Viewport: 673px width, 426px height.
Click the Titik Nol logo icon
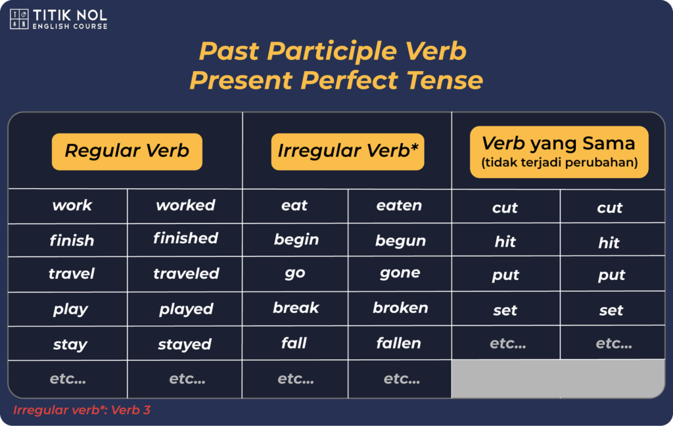19,19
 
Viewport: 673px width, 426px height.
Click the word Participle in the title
332,51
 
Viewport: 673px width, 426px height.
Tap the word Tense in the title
445,80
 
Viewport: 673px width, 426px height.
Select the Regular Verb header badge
127,152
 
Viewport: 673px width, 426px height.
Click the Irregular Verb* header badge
348,152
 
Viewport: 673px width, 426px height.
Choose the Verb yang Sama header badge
559,152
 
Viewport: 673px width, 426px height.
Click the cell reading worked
185,205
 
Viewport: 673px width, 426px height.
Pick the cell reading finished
185,239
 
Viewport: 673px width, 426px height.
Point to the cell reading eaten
399,206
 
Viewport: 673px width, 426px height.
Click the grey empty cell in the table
558,378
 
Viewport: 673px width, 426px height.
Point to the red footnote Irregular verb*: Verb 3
82,410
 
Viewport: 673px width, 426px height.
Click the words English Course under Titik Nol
70,26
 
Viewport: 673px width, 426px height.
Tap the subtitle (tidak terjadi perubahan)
559,163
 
